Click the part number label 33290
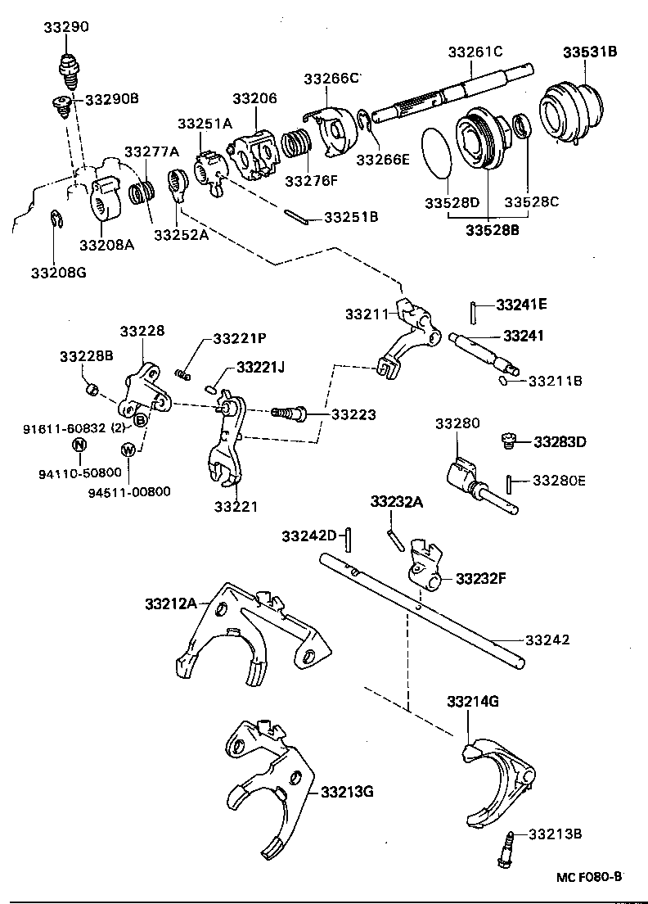pyautogui.click(x=66, y=27)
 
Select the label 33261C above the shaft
pyautogui.click(x=475, y=52)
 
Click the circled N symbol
pyautogui.click(x=79, y=445)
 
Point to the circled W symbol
pyautogui.click(x=128, y=449)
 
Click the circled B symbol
pyautogui.click(x=141, y=420)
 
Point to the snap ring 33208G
pyautogui.click(x=54, y=220)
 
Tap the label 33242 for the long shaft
pyautogui.click(x=547, y=640)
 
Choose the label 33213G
pyautogui.click(x=347, y=792)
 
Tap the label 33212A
pyautogui.click(x=171, y=604)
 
